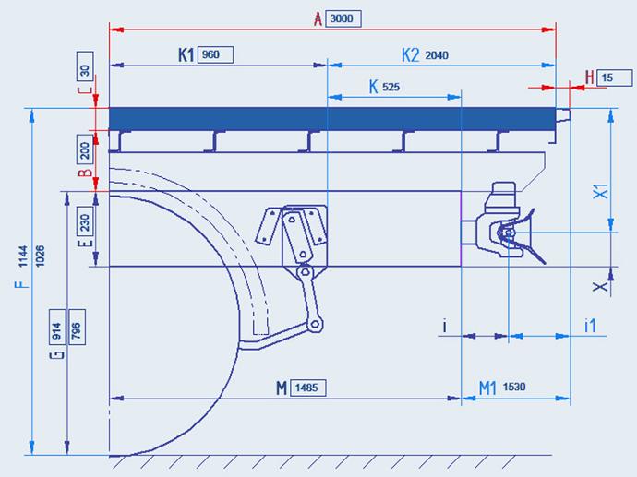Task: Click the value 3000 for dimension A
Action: pos(342,18)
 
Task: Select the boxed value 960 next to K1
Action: pos(210,54)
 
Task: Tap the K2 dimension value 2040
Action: pos(437,55)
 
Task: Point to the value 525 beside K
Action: pos(391,87)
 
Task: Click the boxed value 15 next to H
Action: pos(607,78)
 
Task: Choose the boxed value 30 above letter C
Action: pos(85,70)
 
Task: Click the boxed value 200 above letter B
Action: pos(85,150)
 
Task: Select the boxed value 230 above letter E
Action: pos(85,222)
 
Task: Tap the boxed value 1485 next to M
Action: pos(306,388)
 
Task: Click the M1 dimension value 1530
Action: pos(514,387)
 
